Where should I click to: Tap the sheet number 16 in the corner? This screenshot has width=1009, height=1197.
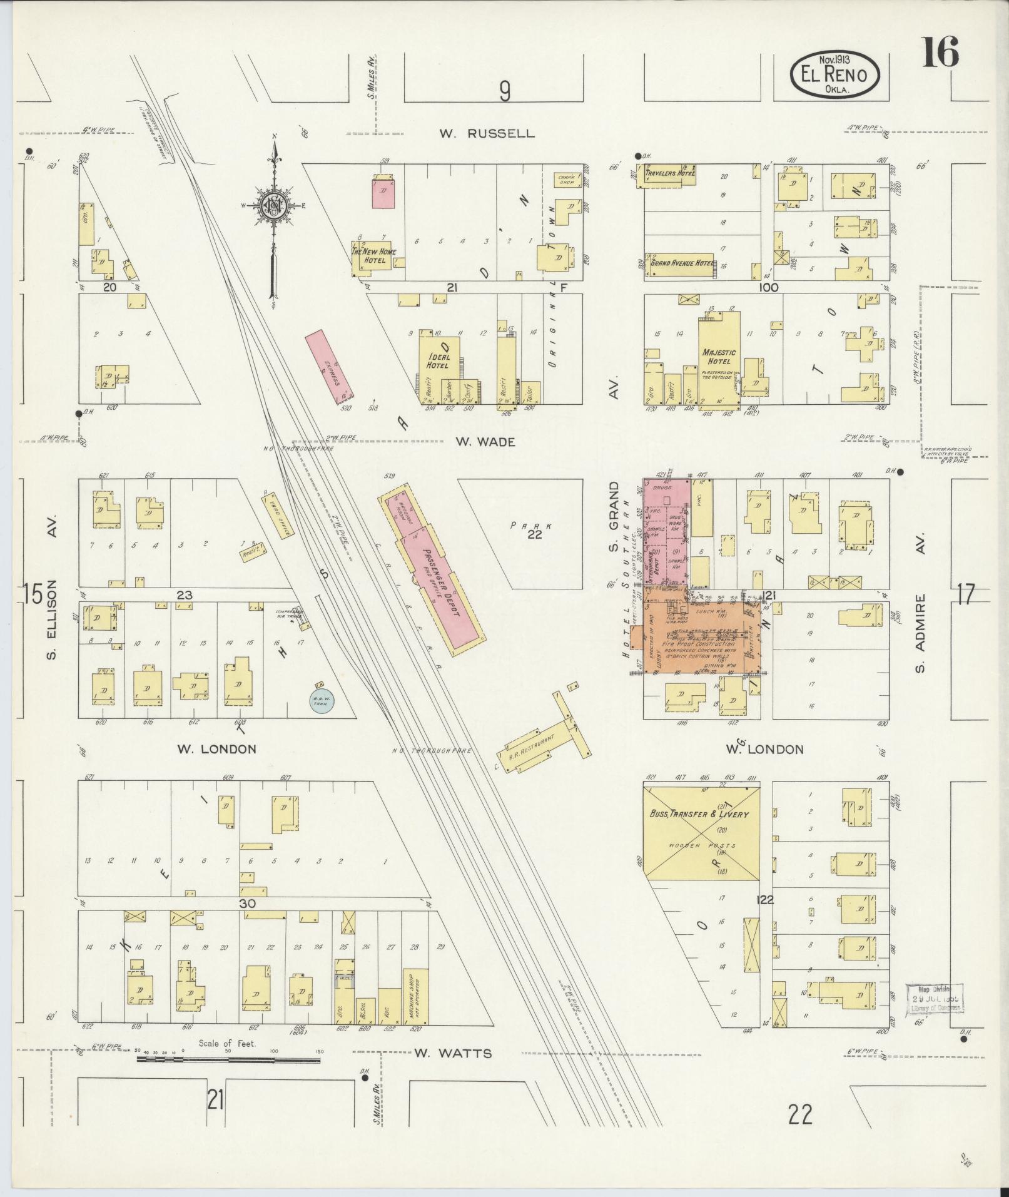pyautogui.click(x=939, y=53)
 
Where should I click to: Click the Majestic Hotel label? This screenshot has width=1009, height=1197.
pyautogui.click(x=719, y=357)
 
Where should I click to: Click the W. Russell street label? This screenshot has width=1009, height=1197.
pyautogui.click(x=487, y=133)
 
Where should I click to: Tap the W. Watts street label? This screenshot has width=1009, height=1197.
pyautogui.click(x=453, y=1053)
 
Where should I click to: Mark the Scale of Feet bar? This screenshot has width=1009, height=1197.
pyautogui.click(x=228, y=1059)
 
